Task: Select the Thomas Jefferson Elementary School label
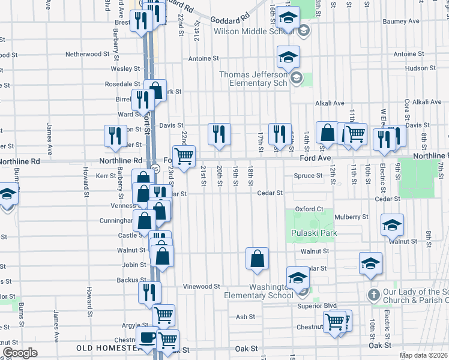point(255,79)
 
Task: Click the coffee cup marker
point(147,337)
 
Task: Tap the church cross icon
point(373,295)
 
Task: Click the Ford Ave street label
point(316,158)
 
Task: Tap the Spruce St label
point(309,176)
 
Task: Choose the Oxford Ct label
point(310,209)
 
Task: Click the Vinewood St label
point(202,287)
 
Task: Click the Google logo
point(20,353)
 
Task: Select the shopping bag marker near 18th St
point(257,259)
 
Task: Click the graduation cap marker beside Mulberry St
point(393,225)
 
